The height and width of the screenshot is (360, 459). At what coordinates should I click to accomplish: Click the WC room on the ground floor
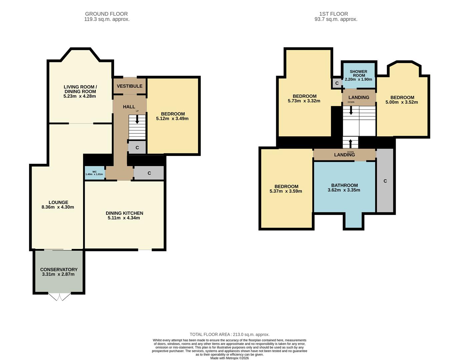95,173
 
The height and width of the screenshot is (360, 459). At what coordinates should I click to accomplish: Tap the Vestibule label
129,86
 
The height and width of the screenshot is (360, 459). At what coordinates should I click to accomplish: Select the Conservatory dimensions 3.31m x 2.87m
58,274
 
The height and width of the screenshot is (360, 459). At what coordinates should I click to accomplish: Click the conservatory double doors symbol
60,297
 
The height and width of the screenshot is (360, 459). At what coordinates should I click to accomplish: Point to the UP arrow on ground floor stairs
137,119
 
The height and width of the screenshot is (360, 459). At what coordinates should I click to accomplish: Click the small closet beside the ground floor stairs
137,147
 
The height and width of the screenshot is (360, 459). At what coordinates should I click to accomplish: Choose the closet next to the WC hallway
149,173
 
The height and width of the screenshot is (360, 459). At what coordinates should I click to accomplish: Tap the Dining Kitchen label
124,213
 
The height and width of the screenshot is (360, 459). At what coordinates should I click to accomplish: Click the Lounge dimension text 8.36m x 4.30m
58,207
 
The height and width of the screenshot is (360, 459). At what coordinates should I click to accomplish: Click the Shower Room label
359,73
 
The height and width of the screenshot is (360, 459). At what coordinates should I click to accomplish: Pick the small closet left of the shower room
337,83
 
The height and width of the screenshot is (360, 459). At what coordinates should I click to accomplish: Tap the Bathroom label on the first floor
345,185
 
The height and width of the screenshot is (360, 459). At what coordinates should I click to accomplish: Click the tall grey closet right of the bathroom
385,181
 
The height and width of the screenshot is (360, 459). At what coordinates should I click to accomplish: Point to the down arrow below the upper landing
351,110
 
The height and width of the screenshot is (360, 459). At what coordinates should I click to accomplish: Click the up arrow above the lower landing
351,144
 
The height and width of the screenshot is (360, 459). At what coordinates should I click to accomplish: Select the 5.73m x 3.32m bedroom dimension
304,101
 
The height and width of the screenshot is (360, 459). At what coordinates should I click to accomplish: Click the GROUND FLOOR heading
106,14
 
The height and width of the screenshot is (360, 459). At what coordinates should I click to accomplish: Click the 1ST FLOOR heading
334,14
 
